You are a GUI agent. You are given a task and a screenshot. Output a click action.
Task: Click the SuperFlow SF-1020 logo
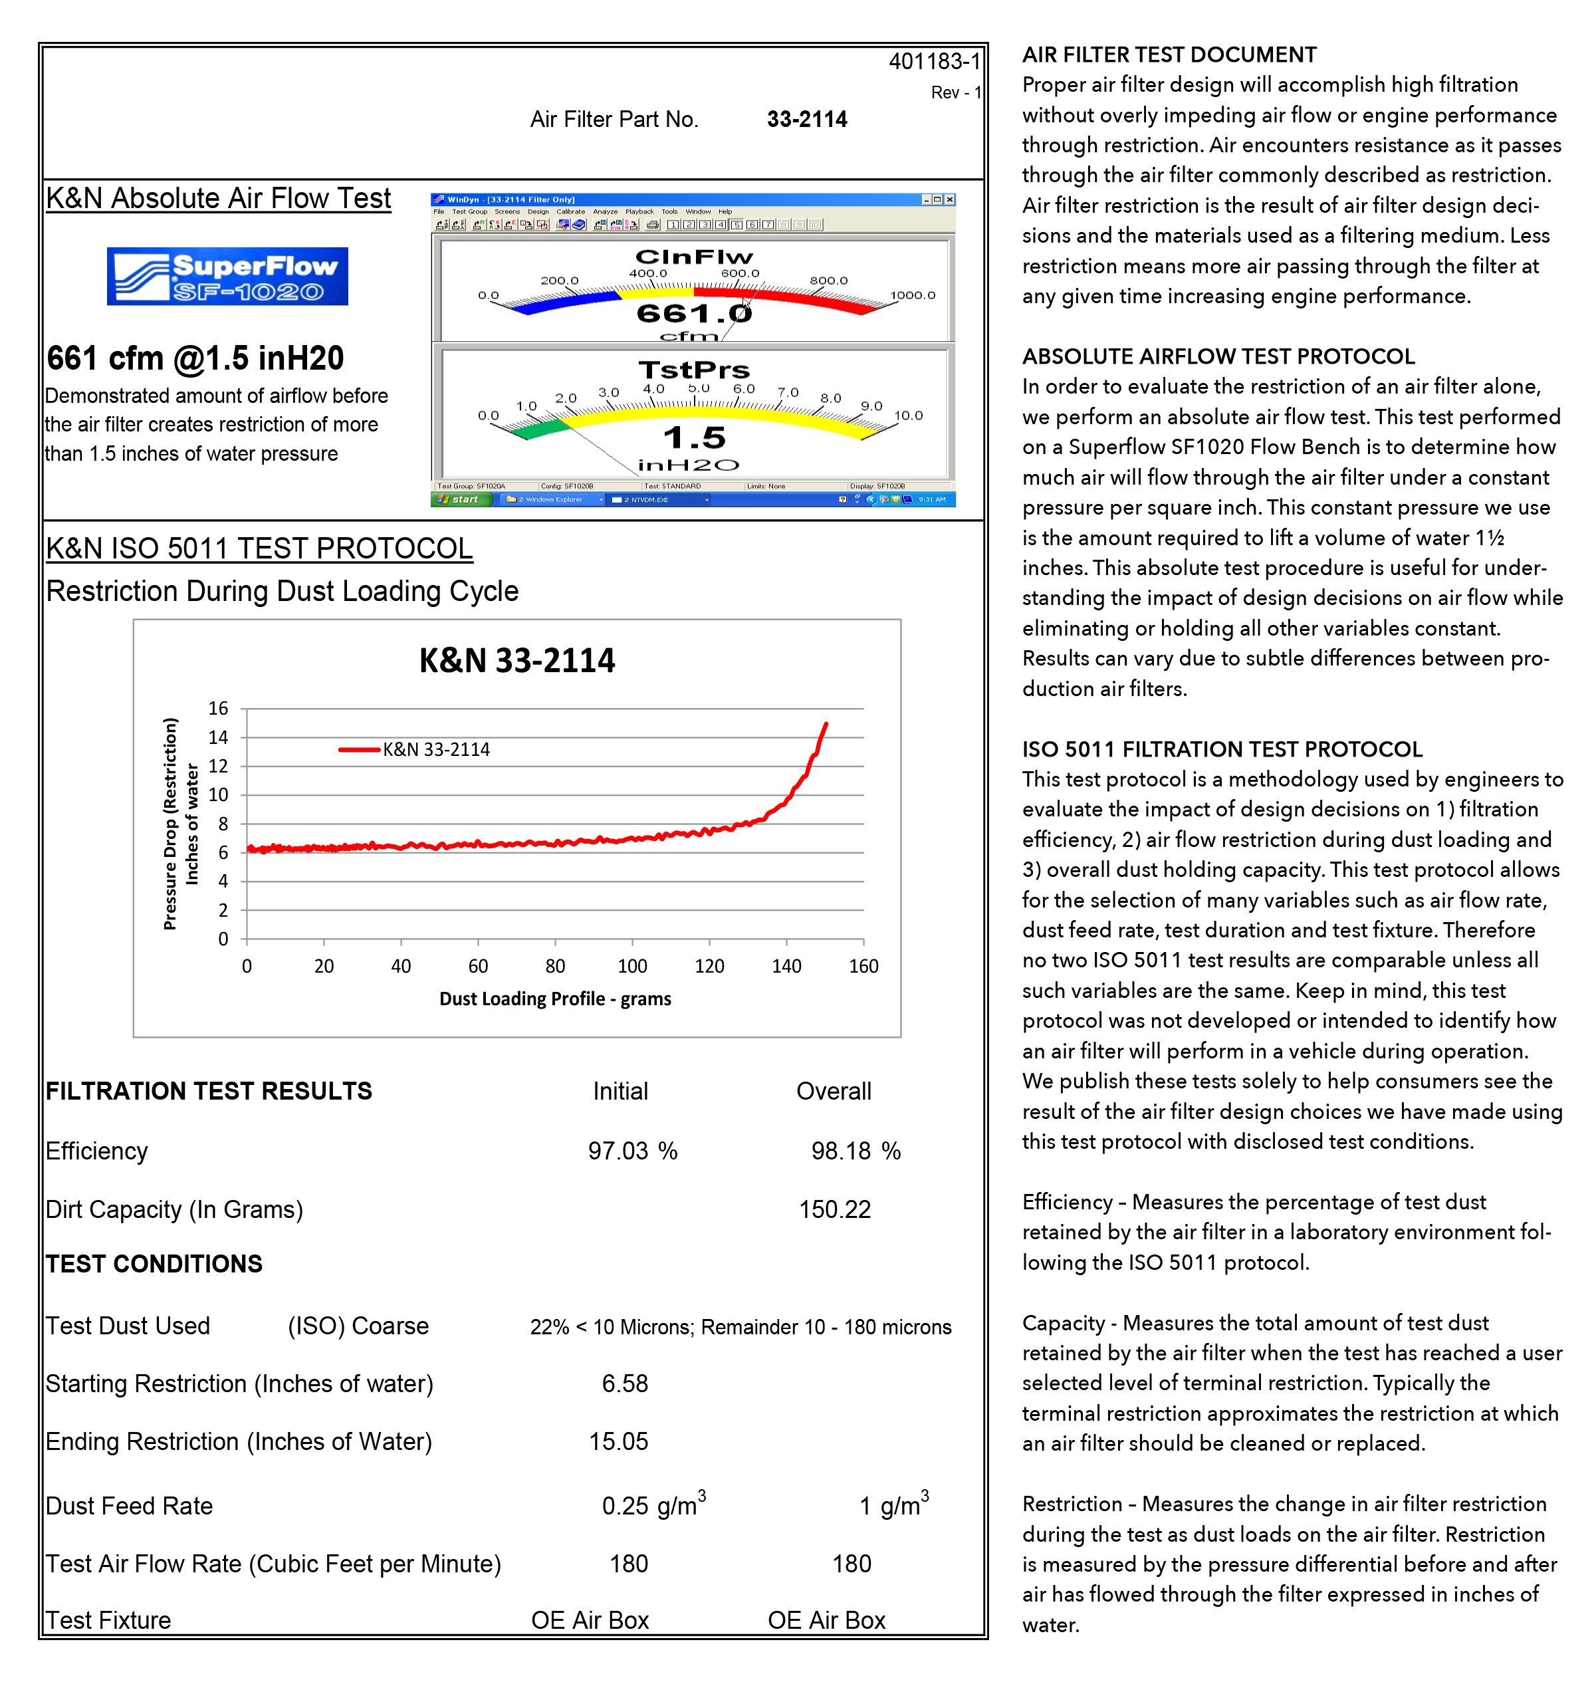[x=227, y=277]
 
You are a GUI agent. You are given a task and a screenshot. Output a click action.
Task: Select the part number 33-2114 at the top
[x=806, y=119]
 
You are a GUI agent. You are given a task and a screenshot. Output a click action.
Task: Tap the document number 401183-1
[x=933, y=61]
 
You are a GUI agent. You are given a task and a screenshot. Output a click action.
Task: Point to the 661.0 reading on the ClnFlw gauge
[x=693, y=314]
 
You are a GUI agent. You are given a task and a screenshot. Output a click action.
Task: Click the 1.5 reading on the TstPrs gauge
[x=694, y=438]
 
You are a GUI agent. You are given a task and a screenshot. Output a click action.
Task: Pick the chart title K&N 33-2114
[x=516, y=661]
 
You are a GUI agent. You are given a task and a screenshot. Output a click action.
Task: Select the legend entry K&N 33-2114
[x=435, y=749]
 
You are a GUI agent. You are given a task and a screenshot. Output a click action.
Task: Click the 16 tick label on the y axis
[x=219, y=708]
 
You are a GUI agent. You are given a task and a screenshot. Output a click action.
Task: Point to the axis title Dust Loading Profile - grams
[x=554, y=999]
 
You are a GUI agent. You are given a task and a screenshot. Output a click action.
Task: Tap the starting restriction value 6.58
[x=624, y=1383]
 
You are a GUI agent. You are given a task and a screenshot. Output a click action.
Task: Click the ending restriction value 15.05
[x=618, y=1441]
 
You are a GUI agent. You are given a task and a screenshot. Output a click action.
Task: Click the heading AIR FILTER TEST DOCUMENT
[x=1169, y=55]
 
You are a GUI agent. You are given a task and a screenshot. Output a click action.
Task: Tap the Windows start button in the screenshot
[x=460, y=499]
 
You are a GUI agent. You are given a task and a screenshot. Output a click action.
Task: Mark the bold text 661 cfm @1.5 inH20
[x=195, y=359]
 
